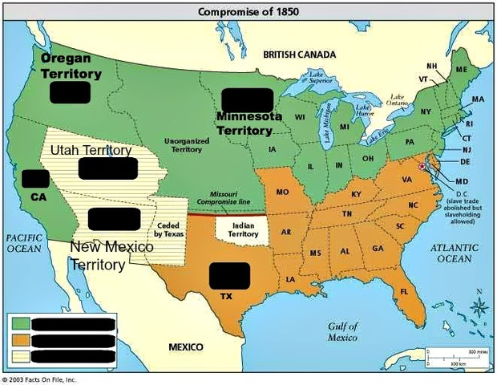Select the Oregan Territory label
point(71,67)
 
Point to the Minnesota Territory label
point(249,123)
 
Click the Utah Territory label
point(90,151)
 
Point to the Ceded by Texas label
point(168,230)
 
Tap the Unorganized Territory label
point(187,144)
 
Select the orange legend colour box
point(20,339)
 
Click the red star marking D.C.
point(422,165)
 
